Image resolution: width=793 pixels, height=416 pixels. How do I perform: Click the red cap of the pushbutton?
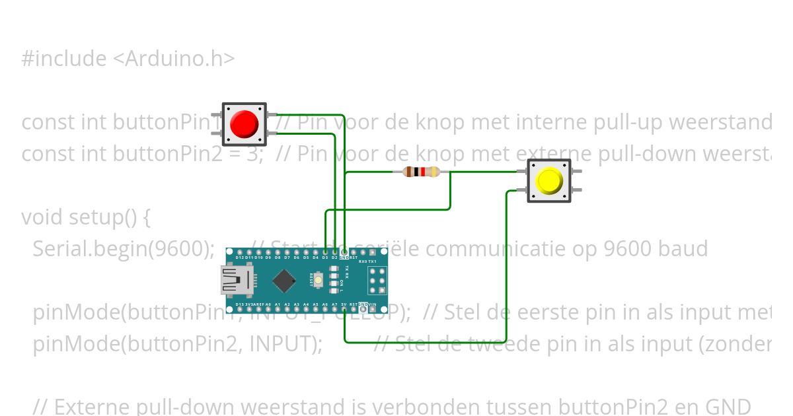tap(244, 123)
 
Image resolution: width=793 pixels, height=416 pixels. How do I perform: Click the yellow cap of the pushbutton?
tap(549, 180)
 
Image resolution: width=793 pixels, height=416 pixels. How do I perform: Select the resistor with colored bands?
tap(421, 172)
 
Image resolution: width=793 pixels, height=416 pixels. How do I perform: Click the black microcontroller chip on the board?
tap(283, 281)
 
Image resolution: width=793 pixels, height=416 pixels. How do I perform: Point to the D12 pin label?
tap(239, 258)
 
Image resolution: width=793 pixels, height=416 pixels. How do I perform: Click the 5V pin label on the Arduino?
tap(344, 305)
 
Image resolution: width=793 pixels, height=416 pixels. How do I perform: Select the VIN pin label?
tap(373, 305)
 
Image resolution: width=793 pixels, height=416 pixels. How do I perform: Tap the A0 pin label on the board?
tap(268, 305)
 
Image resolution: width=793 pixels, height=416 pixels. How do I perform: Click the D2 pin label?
tap(334, 258)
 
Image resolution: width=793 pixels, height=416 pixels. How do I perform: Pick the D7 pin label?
tap(287, 258)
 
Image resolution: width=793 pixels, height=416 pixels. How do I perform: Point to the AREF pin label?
tap(258, 305)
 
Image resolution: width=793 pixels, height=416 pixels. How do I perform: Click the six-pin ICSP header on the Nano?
tap(377, 281)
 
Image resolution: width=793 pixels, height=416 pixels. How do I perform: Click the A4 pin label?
tap(306, 305)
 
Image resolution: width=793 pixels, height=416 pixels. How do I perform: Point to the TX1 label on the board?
tap(372, 261)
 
